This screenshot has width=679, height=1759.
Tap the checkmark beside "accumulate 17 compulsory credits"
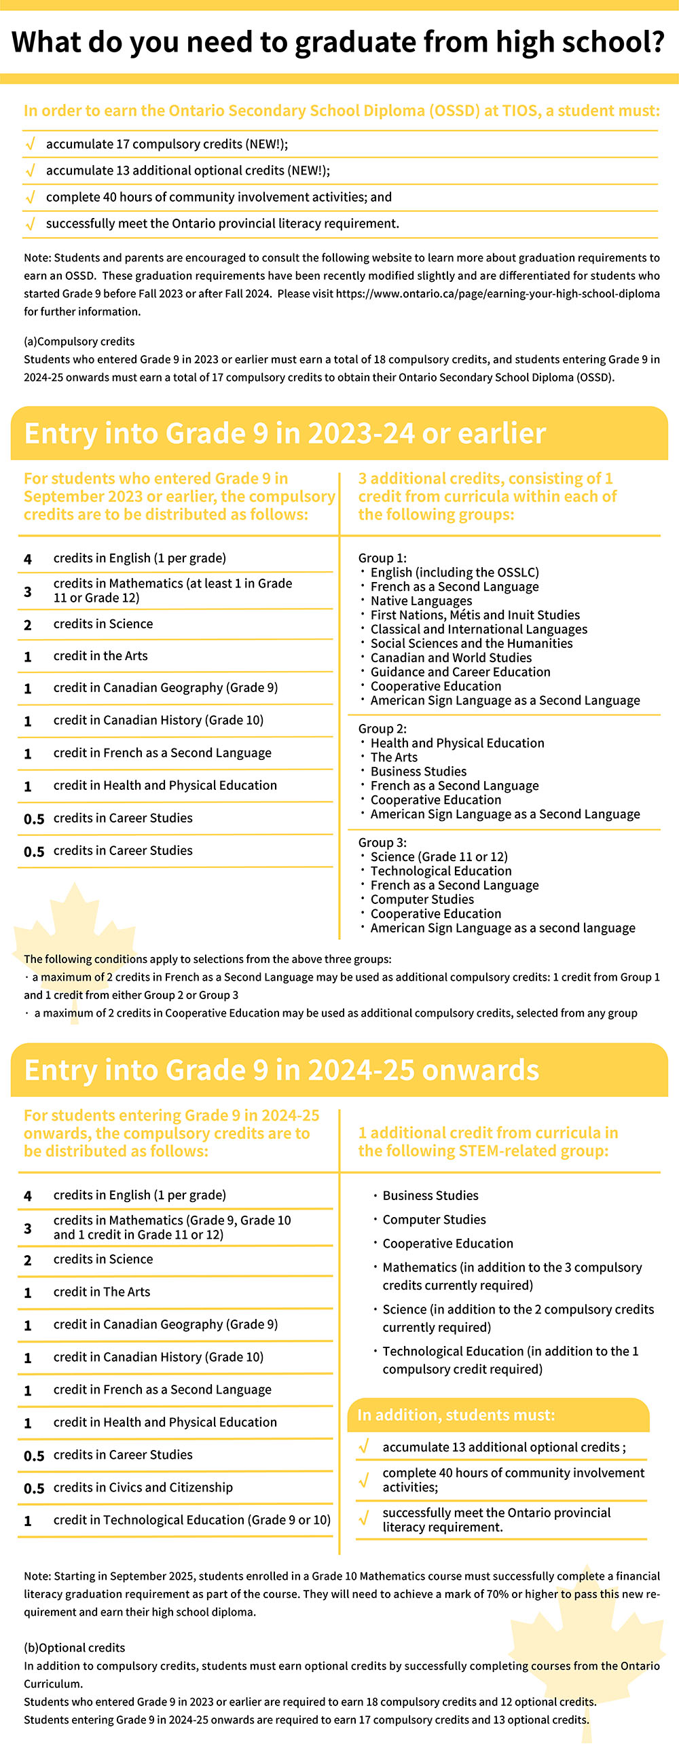point(30,144)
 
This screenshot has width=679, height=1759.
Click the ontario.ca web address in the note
point(498,293)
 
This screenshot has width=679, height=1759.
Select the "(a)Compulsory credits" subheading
point(79,342)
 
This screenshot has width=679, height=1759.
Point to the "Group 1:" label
point(382,558)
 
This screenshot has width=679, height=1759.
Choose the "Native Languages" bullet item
point(421,601)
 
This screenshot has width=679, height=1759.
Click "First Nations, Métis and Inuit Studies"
point(475,615)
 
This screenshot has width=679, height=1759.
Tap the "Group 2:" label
point(382,729)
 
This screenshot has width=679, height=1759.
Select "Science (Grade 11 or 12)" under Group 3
point(439,857)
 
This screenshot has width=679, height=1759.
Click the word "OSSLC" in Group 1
point(515,573)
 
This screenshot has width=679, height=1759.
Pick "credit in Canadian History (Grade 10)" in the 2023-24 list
point(158,721)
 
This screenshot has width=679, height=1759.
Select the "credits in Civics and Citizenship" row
point(143,1487)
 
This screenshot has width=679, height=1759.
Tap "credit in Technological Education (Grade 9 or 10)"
point(191,1520)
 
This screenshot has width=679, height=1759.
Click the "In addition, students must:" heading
point(456,1415)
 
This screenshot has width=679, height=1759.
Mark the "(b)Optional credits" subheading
point(75,1648)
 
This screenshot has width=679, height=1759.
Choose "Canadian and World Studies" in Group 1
point(450,658)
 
